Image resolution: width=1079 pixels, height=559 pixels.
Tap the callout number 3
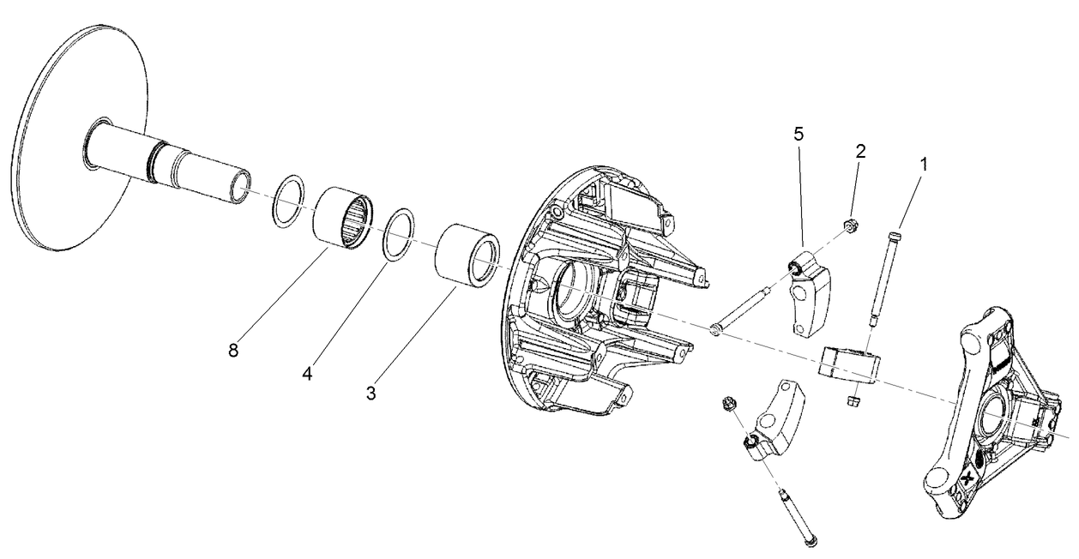[x=371, y=394]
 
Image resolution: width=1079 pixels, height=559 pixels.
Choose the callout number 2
[x=860, y=151]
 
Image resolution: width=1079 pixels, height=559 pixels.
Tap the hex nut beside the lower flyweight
[x=728, y=402]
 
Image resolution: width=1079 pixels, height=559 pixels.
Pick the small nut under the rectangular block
[x=853, y=400]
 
